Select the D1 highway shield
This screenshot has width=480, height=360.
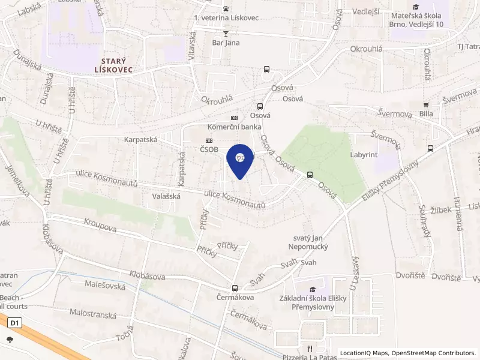click(x=15, y=323)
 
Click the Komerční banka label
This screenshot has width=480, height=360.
click(x=233, y=127)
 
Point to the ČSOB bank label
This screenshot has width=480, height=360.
click(x=209, y=149)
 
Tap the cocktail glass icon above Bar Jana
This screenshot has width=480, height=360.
click(x=226, y=34)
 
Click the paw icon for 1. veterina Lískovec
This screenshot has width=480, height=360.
click(x=226, y=8)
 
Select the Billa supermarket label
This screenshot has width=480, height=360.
click(x=427, y=113)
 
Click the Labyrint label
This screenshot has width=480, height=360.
click(x=364, y=154)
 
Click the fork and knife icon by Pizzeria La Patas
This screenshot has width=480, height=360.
click(x=310, y=348)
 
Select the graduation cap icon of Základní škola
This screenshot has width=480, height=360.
click(x=312, y=290)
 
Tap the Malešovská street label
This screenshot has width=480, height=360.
click(x=105, y=286)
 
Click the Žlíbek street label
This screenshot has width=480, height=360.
click(x=441, y=211)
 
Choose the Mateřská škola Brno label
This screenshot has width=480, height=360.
click(x=417, y=19)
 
